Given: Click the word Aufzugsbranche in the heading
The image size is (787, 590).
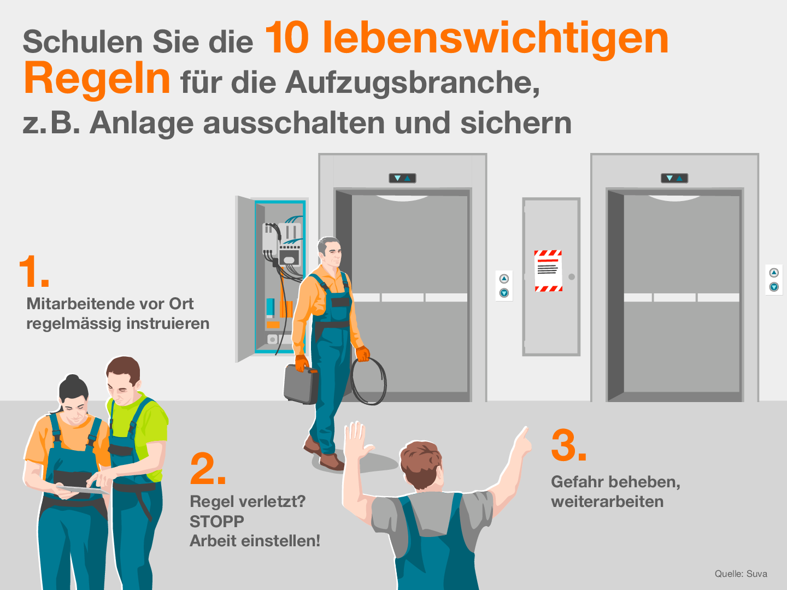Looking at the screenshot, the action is (x=412, y=83).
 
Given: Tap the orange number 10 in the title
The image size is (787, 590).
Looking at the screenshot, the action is (x=287, y=37).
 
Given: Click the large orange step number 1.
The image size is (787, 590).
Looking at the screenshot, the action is (x=33, y=271).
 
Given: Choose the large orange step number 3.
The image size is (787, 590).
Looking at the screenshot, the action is (x=568, y=445).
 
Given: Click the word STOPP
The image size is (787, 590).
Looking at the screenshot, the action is (x=217, y=521).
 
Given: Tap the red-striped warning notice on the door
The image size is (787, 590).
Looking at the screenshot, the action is (x=548, y=271).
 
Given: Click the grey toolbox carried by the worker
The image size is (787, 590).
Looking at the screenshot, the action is (x=301, y=384).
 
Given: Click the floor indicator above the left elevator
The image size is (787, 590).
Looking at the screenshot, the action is (x=402, y=178).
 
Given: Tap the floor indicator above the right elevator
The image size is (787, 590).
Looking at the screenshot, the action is (x=674, y=178).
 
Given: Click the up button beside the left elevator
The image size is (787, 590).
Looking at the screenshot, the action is (x=504, y=279).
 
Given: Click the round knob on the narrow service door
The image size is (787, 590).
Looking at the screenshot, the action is (x=572, y=276).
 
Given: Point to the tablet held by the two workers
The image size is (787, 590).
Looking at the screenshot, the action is (x=83, y=489).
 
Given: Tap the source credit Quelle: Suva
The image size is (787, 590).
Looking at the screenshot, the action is (x=741, y=574).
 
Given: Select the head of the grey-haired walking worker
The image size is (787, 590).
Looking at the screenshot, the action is (x=329, y=251).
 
